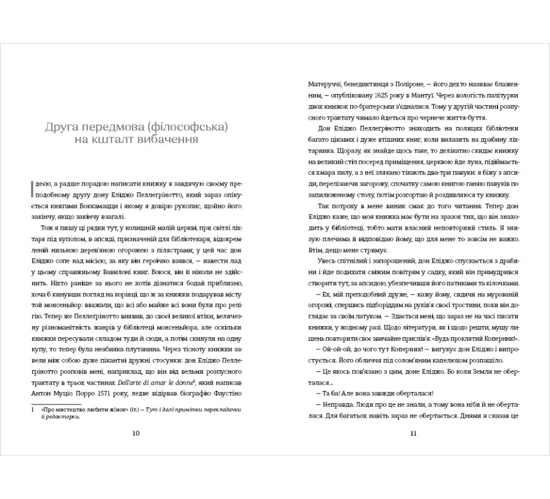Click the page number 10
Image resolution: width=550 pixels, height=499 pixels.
click(136, 434)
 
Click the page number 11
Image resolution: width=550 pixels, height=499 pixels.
click(413, 434)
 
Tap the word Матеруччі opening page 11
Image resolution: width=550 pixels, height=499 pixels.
click(328, 84)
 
